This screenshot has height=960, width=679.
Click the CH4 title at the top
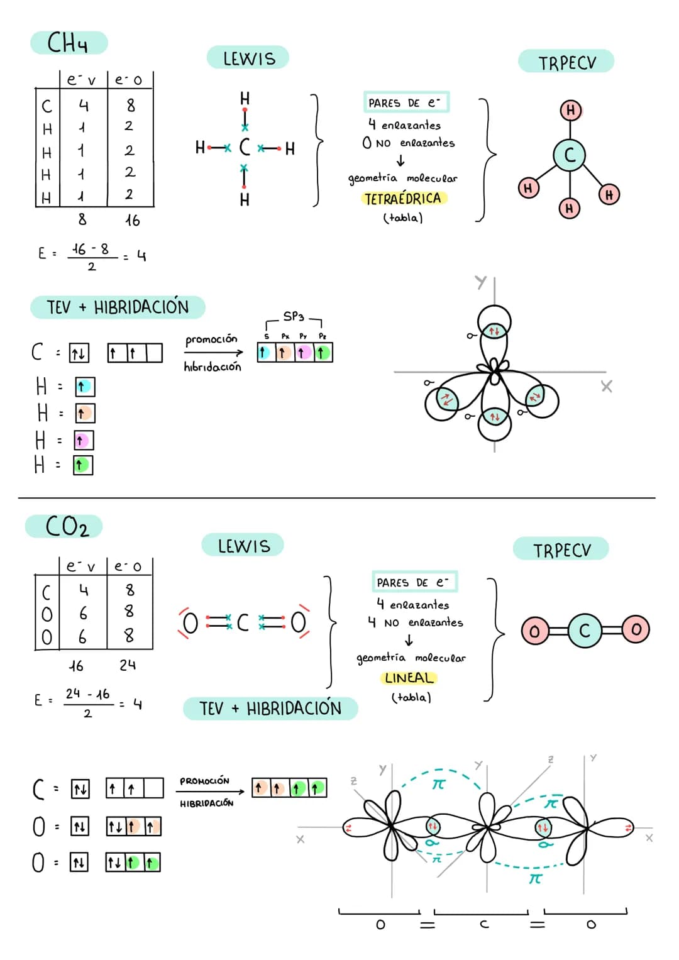pos(68,43)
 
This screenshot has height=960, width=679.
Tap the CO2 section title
pos(67,526)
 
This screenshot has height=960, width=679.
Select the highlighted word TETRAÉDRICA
pos(403,199)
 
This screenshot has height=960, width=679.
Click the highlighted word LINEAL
pos(409,678)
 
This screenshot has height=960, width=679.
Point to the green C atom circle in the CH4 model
pos(570,155)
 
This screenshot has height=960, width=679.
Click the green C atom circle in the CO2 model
pos(585,631)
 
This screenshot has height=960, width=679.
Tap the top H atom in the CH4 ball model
pos(570,110)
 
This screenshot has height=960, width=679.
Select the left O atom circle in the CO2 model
pos(534,631)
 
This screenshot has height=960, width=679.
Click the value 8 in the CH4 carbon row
pos(130,105)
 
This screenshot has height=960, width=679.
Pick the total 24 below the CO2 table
pos(128,665)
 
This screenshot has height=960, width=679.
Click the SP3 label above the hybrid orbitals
pos(294,316)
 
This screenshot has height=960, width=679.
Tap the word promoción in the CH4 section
pos(211,339)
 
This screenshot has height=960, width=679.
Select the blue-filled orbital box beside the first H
pos(84,387)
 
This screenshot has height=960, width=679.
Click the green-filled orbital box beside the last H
pos(82,465)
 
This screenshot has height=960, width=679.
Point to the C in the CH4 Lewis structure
pos(245,148)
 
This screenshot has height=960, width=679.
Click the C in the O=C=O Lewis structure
pos(243,623)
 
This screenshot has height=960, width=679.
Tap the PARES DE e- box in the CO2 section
pos(414,582)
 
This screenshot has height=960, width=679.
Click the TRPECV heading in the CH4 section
pos(566,62)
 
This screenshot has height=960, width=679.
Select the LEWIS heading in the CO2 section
pos(243,546)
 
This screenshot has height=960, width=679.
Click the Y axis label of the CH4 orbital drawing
pos(481,282)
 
